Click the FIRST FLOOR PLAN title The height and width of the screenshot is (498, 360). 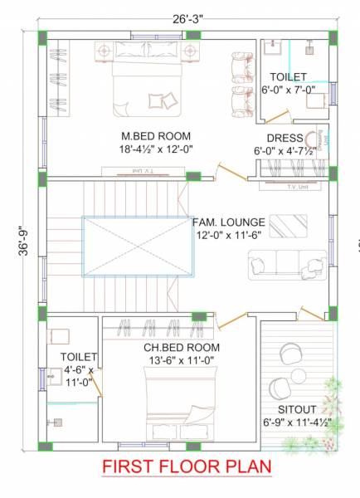point(187,467)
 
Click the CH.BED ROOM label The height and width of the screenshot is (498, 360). point(182,347)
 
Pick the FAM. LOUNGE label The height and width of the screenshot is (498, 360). point(229,222)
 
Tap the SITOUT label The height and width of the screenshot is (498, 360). point(297,409)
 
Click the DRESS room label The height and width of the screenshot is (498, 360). point(285,138)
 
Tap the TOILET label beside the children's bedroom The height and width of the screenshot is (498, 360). point(78,357)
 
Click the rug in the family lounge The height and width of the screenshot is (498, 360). point(287,224)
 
